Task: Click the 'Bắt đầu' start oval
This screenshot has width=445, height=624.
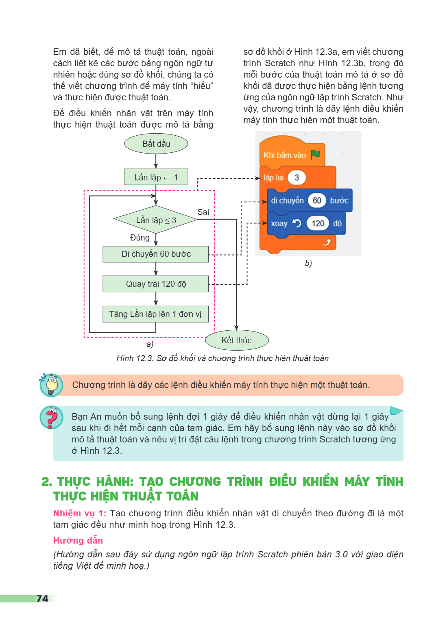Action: point(156,144)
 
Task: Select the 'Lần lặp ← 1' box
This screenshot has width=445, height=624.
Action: point(156,177)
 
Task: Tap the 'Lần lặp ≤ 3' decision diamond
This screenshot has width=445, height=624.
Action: point(156,219)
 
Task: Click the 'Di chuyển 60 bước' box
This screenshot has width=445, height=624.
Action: point(156,254)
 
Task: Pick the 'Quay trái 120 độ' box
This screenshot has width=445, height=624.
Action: point(156,284)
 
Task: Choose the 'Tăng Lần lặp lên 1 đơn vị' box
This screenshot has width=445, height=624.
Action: point(156,314)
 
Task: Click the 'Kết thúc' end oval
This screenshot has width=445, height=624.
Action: point(237,340)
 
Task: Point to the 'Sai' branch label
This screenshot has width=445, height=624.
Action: point(203,212)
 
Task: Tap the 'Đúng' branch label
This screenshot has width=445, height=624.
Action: point(140,238)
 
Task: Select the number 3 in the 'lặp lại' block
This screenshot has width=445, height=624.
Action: point(297,178)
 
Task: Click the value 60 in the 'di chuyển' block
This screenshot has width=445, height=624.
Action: point(316,200)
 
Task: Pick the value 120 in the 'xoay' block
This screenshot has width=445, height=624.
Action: point(318,223)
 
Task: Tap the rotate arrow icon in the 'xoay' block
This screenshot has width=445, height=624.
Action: point(297,223)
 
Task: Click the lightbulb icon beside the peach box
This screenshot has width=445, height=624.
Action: point(51,385)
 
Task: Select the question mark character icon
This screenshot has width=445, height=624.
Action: point(52,417)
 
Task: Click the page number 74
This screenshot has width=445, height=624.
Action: point(42,599)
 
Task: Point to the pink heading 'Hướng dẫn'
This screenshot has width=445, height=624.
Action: point(78,540)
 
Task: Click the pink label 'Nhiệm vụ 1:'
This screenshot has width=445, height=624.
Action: point(80,513)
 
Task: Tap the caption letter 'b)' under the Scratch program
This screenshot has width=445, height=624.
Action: point(308,263)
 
